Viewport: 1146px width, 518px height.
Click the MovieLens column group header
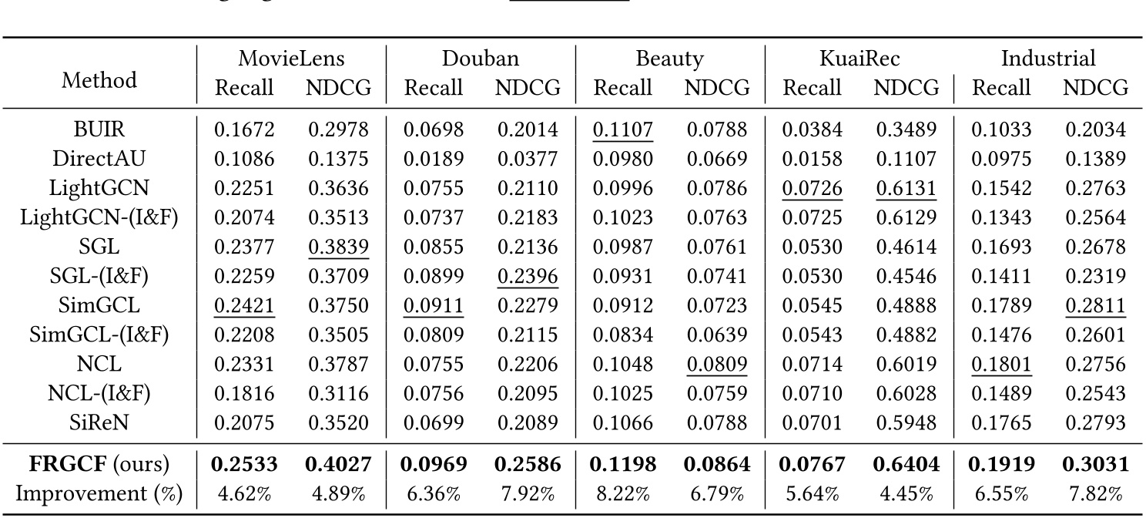(292, 59)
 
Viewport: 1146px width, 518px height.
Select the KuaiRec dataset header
(860, 59)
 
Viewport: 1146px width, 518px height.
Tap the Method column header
(99, 79)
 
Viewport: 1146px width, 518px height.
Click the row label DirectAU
(99, 159)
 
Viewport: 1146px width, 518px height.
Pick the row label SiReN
(99, 422)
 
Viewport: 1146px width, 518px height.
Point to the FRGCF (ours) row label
(99, 465)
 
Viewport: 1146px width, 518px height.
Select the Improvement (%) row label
(99, 494)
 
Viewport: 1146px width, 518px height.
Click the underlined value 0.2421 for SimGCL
(244, 304)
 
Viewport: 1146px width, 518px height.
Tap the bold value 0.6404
(906, 465)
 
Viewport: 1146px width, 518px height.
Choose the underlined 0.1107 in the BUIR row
(623, 129)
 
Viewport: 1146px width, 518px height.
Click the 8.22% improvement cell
(623, 494)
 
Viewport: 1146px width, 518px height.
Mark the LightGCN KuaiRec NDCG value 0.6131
(906, 188)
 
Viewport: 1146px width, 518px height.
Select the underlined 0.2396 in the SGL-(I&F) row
(528, 275)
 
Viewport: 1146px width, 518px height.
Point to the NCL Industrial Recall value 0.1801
(1002, 363)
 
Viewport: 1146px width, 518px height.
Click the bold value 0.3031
(1096, 465)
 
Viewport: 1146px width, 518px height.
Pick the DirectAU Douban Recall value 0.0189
(434, 159)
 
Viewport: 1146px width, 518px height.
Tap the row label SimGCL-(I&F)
(99, 334)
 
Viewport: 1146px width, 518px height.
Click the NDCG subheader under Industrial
(1096, 88)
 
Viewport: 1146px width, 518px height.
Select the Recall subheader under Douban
(434, 88)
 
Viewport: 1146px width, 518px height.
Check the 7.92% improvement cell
(528, 494)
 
